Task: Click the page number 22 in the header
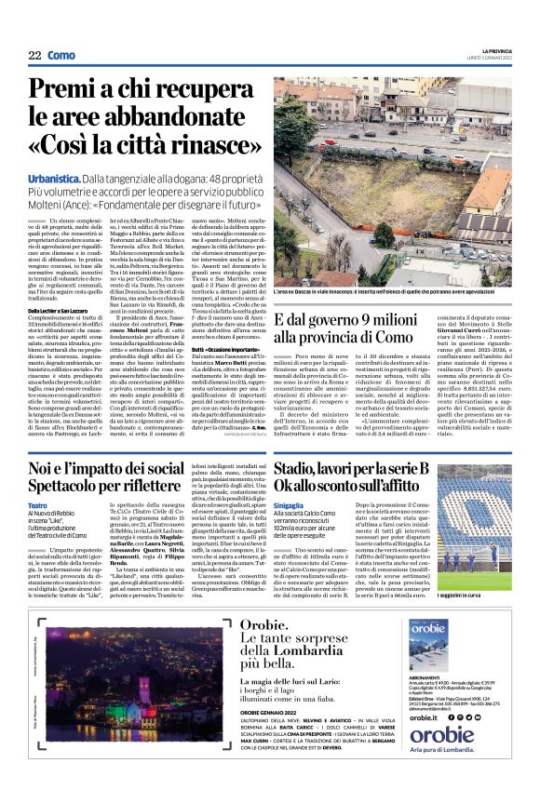(x=35, y=55)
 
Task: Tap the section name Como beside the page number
(x=61, y=55)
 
